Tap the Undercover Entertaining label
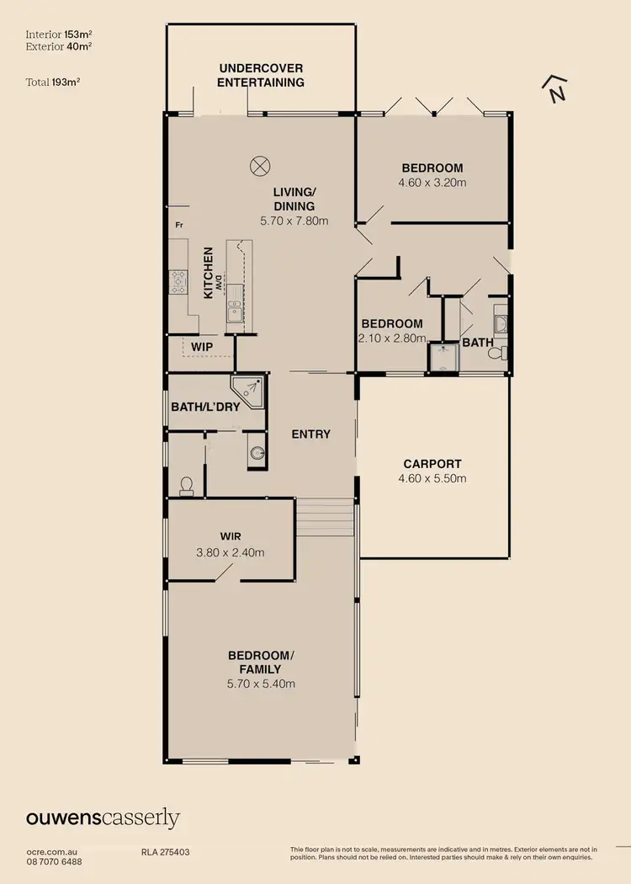coord(261,75)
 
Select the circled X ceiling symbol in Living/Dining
coord(259,165)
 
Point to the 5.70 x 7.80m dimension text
coord(294,221)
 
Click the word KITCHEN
coord(207,272)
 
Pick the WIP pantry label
coord(201,347)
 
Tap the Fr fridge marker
coord(179,226)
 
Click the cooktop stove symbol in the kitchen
coord(178,281)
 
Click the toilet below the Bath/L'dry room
coord(187,486)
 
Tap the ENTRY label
coord(310,434)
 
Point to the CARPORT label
coord(432,464)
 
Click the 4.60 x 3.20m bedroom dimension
coord(432,182)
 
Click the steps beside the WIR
coord(326,516)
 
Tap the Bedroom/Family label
coord(261,662)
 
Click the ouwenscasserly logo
coord(103,818)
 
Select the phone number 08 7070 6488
coord(55,862)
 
